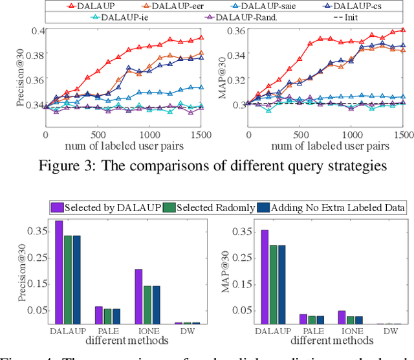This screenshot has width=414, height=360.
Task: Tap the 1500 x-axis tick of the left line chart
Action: point(203,135)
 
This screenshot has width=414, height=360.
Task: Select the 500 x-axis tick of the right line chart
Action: point(300,135)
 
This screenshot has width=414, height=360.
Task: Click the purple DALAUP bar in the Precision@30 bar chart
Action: point(59,272)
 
